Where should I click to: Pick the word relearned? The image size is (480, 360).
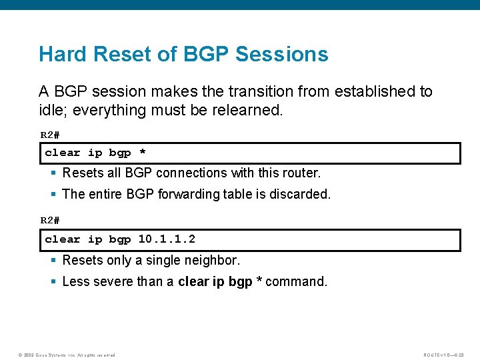coord(247,110)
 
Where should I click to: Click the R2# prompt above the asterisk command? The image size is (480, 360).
coord(50,135)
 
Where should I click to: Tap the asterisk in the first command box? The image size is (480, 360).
coord(142,153)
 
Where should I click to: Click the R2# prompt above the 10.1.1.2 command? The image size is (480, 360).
coord(50,221)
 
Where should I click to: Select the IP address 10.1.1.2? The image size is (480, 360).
coord(167,239)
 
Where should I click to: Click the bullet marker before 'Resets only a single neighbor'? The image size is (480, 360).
coord(53,260)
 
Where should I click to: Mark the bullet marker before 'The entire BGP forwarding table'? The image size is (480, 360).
coord(53,194)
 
